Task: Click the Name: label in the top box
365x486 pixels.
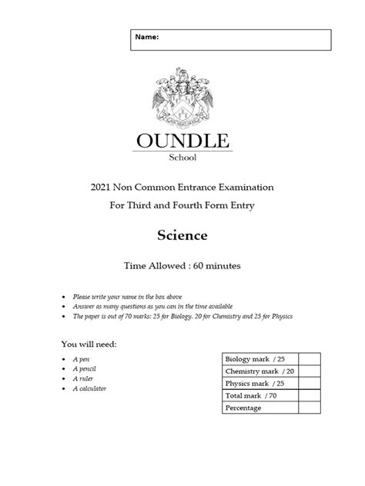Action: pos(149,37)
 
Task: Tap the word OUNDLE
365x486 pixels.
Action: pos(182,141)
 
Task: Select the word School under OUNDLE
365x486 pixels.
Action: pos(182,158)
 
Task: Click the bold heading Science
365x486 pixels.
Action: pos(182,234)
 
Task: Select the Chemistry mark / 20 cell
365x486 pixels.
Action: pos(259,371)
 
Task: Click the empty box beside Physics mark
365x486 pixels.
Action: pos(310,383)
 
